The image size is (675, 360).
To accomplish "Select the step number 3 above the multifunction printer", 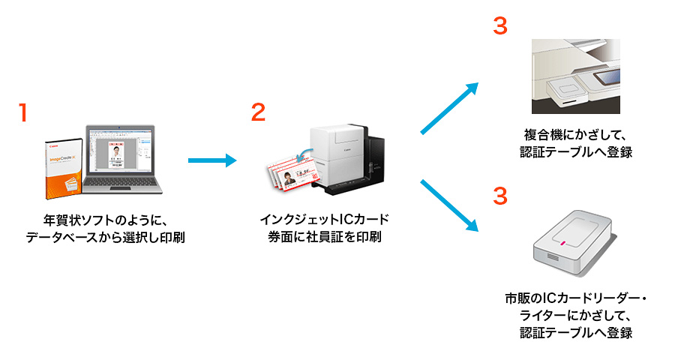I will point(500,25).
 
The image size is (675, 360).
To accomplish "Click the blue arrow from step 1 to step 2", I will point(211,160).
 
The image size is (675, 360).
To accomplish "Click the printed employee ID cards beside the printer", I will point(289,180).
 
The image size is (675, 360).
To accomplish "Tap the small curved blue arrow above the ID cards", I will point(304,154).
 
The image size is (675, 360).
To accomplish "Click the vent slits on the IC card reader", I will point(547,256).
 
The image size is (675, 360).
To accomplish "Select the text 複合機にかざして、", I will point(576,135).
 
